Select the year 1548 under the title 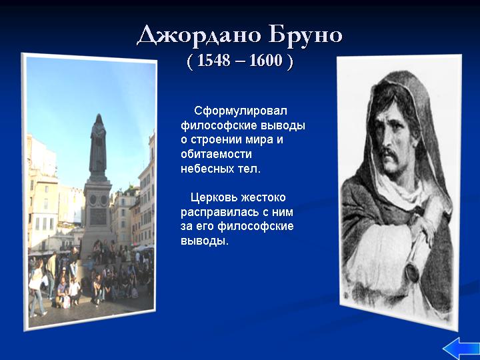point(214,60)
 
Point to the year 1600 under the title point(266,60)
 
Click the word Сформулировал point(241,111)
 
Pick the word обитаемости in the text point(216,154)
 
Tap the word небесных point(207,169)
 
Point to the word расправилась point(217,213)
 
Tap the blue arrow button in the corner point(461,349)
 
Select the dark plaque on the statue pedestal point(98,217)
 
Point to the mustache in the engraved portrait point(391,154)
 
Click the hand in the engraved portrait point(423,229)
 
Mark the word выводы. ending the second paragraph point(205,241)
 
